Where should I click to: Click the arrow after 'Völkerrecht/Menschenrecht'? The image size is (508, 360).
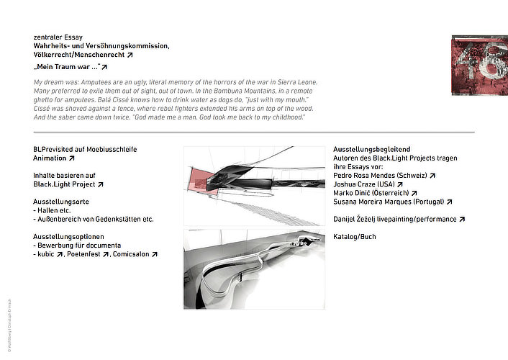tap(130, 55)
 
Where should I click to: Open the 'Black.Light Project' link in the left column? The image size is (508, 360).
tap(64, 184)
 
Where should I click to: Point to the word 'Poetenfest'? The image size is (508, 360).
tap(84, 254)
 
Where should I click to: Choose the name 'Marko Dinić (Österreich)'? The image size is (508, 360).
tap(371, 193)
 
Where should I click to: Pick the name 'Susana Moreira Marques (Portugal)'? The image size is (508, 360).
tap(389, 202)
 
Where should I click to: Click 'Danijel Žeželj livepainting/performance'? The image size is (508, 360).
tap(395, 219)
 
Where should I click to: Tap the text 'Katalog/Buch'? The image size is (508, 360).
tap(354, 237)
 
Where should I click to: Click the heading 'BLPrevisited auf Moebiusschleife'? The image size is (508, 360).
tap(85, 149)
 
